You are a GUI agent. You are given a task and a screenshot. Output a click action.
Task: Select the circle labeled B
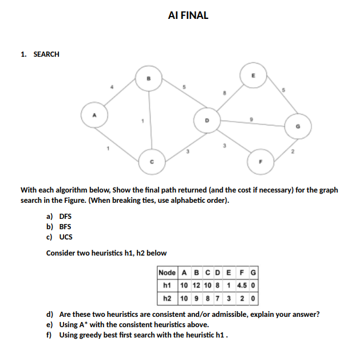(148, 79)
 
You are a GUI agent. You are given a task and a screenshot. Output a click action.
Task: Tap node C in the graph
(152, 162)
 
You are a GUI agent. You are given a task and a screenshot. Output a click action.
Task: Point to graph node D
(208, 120)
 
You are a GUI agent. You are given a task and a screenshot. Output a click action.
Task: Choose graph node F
(260, 161)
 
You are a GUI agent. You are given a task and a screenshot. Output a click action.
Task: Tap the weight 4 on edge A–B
(112, 87)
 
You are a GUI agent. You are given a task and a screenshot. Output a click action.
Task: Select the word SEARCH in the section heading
(46, 54)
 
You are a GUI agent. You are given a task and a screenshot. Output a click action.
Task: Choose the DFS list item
(65, 217)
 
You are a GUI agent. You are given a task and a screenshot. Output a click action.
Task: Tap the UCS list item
(66, 236)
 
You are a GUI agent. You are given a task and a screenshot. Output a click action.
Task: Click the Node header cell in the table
(167, 272)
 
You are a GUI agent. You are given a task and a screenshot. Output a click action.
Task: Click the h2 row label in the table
(168, 299)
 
